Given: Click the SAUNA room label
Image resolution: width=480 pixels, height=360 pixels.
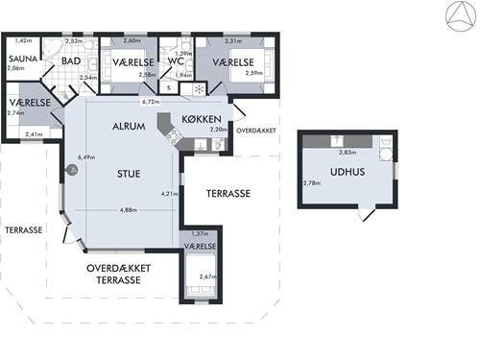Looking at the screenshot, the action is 23,59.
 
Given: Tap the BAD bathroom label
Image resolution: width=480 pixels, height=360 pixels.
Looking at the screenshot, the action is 71,60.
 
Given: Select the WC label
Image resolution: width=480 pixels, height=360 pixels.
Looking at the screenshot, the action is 176,61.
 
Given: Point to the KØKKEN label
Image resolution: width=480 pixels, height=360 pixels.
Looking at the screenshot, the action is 202,119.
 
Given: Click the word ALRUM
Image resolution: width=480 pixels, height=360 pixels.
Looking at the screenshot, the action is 129,126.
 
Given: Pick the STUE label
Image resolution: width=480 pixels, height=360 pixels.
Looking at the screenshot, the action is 129,174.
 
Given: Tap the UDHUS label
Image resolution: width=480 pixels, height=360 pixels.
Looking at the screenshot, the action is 348,172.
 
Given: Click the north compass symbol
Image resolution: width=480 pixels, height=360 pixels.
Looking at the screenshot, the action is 461,16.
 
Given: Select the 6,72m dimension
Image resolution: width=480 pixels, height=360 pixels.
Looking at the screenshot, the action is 151,102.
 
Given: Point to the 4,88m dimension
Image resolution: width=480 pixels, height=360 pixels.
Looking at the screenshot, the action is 129,210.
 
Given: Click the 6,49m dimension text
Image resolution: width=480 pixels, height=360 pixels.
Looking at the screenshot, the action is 86,157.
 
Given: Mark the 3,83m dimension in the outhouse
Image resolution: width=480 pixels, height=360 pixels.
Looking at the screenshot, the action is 348,153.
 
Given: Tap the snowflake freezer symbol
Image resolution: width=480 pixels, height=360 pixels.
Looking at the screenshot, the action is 199,89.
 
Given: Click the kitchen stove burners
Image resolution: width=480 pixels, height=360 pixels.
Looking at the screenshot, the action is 172,136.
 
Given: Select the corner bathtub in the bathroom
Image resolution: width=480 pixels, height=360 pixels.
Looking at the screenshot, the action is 52,48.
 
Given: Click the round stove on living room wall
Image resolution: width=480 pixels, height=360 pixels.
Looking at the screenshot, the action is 73,170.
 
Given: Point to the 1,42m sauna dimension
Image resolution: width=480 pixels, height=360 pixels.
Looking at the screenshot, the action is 23,40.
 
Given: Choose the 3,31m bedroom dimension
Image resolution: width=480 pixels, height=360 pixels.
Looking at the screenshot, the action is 233,41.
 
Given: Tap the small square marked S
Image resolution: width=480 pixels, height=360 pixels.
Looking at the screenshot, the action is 169,88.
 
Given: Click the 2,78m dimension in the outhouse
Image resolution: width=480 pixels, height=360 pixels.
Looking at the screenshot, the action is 312,183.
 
